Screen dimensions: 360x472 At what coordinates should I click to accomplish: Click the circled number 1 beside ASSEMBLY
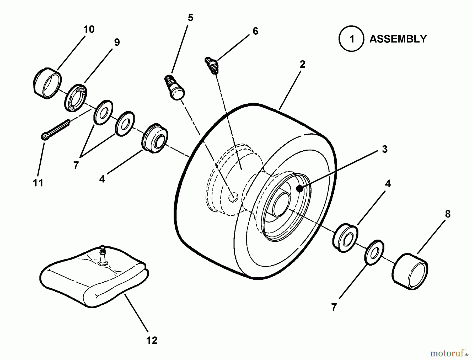tap(351, 39)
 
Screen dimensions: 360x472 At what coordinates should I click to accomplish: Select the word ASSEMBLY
tap(398, 39)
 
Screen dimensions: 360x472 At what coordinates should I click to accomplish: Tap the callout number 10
tap(89, 29)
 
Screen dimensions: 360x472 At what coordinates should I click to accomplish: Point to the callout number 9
tap(117, 42)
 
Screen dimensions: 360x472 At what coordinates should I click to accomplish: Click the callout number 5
tap(191, 18)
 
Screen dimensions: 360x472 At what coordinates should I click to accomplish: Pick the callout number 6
tap(255, 31)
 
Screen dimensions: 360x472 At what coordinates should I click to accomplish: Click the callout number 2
tap(302, 64)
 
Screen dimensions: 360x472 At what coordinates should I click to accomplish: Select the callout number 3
tap(384, 149)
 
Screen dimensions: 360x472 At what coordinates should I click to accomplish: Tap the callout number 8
tap(448, 214)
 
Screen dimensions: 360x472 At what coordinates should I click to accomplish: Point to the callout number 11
tap(38, 183)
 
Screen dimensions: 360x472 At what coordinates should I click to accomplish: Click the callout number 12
tap(152, 340)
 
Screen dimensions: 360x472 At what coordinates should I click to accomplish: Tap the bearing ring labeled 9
tap(76, 97)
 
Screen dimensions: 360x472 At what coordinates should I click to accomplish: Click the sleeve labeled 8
tap(410, 271)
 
